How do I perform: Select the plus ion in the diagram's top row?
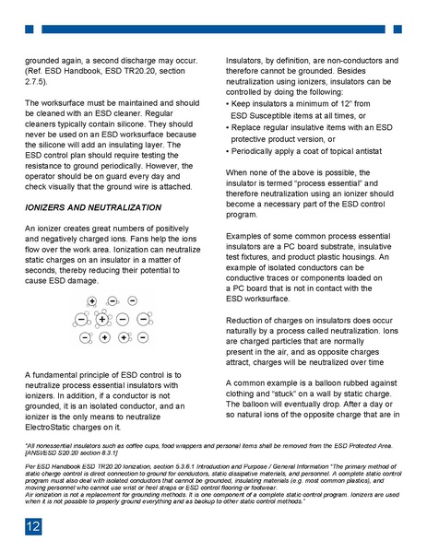pos(92,301)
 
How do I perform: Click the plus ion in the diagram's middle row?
pos(101,319)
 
